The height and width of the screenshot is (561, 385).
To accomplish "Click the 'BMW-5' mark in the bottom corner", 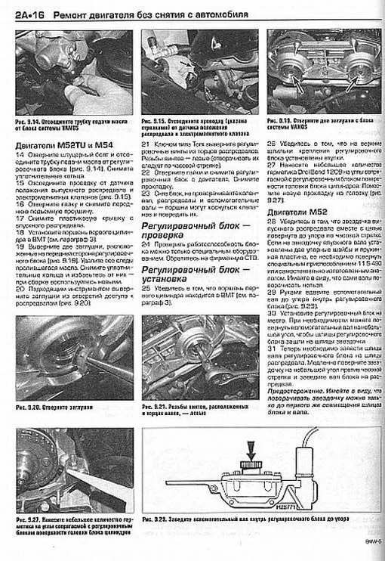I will [x=369, y=551].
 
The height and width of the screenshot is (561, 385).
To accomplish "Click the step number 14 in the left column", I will [x=20, y=153].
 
